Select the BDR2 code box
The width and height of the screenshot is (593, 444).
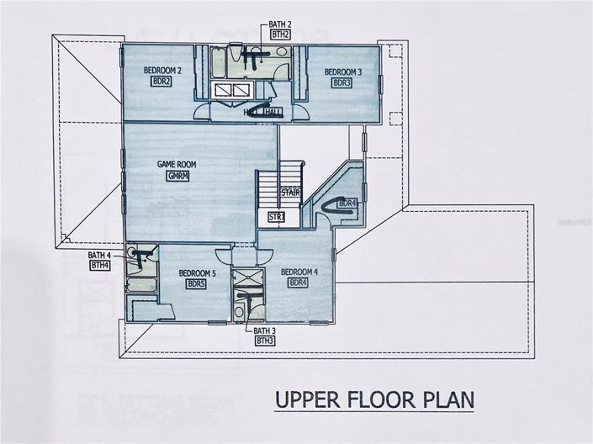coord(161,82)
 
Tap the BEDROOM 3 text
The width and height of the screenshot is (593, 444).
coord(343,72)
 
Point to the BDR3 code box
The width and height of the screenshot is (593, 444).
coord(342,83)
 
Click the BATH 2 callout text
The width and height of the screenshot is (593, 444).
coord(280,25)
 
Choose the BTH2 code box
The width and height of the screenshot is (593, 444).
coord(280,34)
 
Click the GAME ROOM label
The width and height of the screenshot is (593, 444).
coord(177,166)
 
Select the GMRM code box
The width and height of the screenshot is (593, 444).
coord(177,176)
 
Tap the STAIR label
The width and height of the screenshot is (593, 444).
coord(290,192)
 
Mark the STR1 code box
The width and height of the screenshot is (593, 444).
coord(276,218)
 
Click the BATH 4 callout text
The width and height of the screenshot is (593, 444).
coord(99,255)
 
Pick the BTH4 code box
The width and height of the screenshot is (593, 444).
coord(99,265)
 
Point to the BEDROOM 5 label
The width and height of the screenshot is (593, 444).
coord(197,273)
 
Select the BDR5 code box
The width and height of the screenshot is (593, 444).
coord(197,284)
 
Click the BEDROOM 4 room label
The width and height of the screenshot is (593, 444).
coord(299,272)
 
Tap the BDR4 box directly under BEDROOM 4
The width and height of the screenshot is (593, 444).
coord(299,283)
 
